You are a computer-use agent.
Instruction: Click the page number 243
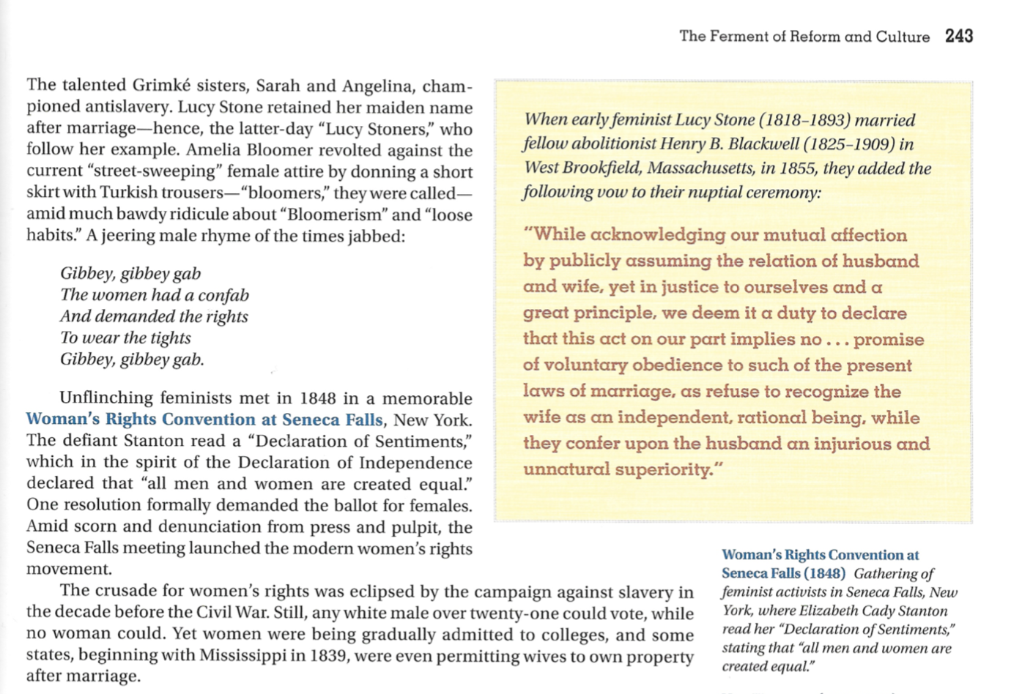tap(958, 36)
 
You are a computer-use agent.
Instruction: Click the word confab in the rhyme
tap(223, 295)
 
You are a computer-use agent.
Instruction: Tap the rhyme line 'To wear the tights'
tap(125, 337)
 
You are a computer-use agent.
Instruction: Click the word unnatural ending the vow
tap(566, 470)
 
